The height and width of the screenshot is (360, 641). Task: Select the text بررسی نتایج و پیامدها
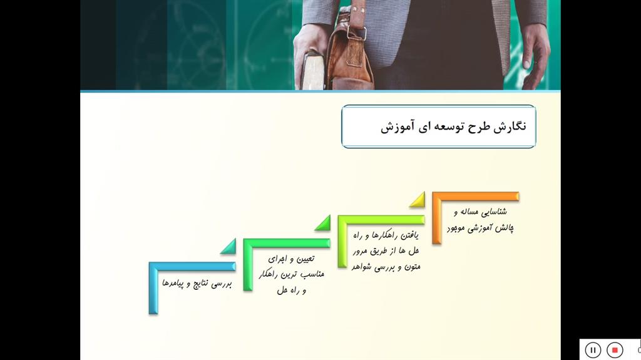click(x=197, y=283)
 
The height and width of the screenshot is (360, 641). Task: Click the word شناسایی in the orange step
click(x=494, y=212)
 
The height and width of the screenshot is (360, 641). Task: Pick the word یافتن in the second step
click(x=409, y=235)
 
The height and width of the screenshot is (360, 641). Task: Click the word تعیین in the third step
click(x=305, y=259)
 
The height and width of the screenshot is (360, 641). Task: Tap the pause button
click(x=593, y=350)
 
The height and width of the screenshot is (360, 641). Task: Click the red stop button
click(x=615, y=350)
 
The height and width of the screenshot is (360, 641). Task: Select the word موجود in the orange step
click(x=456, y=229)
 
